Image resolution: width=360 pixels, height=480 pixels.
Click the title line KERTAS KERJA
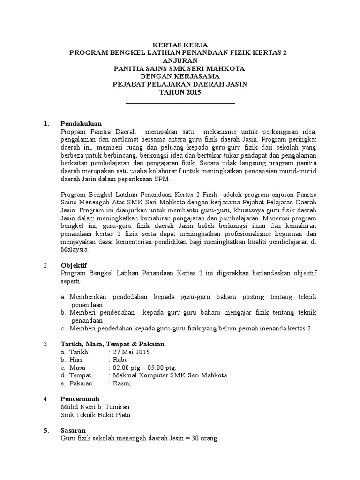(x=180, y=45)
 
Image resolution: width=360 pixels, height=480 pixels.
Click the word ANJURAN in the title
(x=180, y=60)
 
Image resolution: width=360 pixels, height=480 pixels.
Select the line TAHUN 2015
(x=180, y=92)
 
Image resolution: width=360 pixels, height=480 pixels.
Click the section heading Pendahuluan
(x=81, y=123)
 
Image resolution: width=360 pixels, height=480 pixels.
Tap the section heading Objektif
(x=74, y=265)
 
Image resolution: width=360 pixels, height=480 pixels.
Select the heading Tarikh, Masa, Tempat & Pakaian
(x=112, y=344)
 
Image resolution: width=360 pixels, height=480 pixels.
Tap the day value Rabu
(x=120, y=360)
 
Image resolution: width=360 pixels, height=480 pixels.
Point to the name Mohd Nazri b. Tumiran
(x=95, y=407)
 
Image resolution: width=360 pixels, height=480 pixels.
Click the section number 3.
(x=45, y=344)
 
